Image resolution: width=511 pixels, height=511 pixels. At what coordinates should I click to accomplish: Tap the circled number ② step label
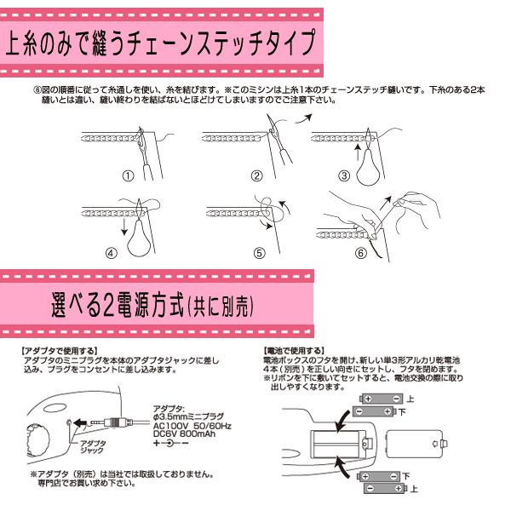(255, 176)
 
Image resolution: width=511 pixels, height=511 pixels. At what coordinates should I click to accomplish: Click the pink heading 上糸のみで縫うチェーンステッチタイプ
(162, 43)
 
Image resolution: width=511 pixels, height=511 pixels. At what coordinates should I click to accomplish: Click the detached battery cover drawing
(414, 443)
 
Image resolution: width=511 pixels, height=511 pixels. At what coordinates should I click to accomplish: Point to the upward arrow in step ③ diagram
(357, 152)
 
